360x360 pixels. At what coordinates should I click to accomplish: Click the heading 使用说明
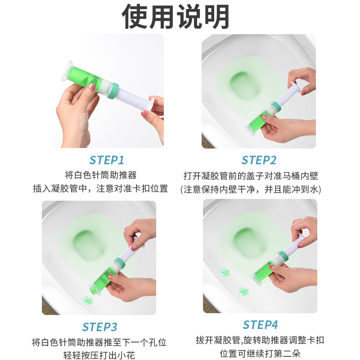coord(175,17)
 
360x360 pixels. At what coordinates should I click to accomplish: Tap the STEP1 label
coord(107,160)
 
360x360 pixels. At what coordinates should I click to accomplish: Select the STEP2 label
coord(259,160)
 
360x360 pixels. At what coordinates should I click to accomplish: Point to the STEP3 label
coord(99,327)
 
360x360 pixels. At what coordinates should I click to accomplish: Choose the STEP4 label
coord(261,325)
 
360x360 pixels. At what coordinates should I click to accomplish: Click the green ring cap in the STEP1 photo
coord(113,90)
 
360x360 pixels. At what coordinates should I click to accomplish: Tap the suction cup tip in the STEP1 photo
coord(67,71)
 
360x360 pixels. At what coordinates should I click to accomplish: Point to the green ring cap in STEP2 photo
coord(277,106)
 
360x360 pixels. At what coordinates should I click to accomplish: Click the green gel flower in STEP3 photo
coord(88,300)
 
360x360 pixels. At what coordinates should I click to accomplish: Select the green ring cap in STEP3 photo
coord(120,263)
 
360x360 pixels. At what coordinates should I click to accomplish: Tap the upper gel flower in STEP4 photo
coord(225,272)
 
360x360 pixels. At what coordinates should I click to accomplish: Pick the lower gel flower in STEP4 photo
coord(243,291)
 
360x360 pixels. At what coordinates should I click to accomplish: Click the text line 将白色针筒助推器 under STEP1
coord(100,175)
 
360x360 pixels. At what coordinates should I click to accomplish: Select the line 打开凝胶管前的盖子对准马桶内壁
coord(251,176)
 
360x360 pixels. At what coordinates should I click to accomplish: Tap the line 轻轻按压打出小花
coord(99,355)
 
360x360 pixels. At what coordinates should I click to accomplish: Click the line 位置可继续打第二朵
coord(260,353)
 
